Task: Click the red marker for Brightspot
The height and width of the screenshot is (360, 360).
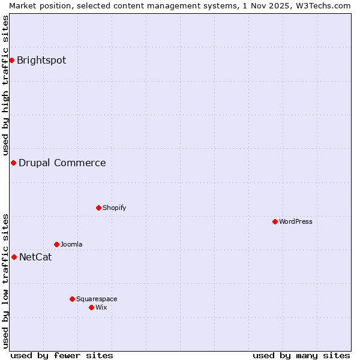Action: pyautogui.click(x=11, y=60)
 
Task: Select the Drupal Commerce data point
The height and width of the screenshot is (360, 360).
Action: pyautogui.click(x=13, y=163)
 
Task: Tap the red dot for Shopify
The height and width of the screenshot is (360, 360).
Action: pyautogui.click(x=98, y=208)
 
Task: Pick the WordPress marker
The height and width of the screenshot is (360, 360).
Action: pyautogui.click(x=275, y=221)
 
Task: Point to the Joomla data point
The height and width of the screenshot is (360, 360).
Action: pyautogui.click(x=56, y=244)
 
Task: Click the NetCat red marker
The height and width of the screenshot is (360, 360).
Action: pyautogui.click(x=14, y=257)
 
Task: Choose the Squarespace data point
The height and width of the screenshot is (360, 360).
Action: pyautogui.click(x=72, y=299)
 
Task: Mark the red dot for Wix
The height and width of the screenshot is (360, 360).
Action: pyautogui.click(x=91, y=307)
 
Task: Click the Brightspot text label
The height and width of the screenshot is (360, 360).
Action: pyautogui.click(x=41, y=60)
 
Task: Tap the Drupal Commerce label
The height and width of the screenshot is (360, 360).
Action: pyautogui.click(x=62, y=163)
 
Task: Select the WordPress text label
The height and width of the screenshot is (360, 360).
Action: pyautogui.click(x=295, y=221)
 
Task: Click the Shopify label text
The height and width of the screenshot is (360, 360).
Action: pyautogui.click(x=114, y=208)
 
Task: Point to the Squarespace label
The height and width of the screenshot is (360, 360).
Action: pyautogui.click(x=97, y=299)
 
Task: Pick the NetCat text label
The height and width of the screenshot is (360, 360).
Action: pyautogui.click(x=35, y=257)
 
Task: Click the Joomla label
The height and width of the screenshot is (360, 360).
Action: pyautogui.click(x=71, y=244)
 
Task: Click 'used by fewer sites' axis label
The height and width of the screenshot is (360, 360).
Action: pyautogui.click(x=62, y=355)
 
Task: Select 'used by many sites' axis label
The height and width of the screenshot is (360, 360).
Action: pyautogui.click(x=301, y=355)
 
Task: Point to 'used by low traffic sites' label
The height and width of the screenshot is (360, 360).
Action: pyautogui.click(x=5, y=281)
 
